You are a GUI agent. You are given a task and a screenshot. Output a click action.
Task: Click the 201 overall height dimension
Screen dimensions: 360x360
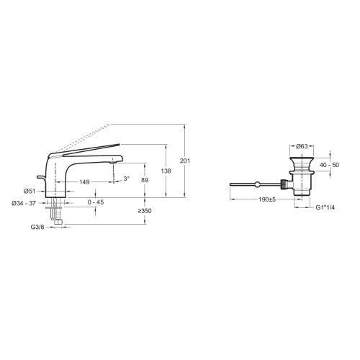(x=185, y=161)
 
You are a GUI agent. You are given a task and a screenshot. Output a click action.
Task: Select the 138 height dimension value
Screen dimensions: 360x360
(x=166, y=171)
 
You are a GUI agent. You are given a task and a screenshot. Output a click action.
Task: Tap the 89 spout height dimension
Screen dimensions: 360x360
(x=145, y=180)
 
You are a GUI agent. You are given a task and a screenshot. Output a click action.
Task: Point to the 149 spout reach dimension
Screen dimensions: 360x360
(x=84, y=182)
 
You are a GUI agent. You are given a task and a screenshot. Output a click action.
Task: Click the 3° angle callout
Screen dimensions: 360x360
(x=127, y=179)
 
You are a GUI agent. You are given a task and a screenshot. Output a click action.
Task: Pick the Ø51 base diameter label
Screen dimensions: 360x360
(x=30, y=191)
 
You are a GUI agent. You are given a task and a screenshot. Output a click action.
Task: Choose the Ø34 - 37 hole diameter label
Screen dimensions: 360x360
(x=24, y=203)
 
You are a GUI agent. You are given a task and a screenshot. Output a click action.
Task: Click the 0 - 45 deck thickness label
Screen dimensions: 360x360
(x=96, y=202)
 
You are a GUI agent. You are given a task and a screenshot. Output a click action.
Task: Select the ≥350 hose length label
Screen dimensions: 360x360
(x=145, y=211)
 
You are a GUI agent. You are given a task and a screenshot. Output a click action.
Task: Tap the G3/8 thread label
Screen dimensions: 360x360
(x=37, y=227)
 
